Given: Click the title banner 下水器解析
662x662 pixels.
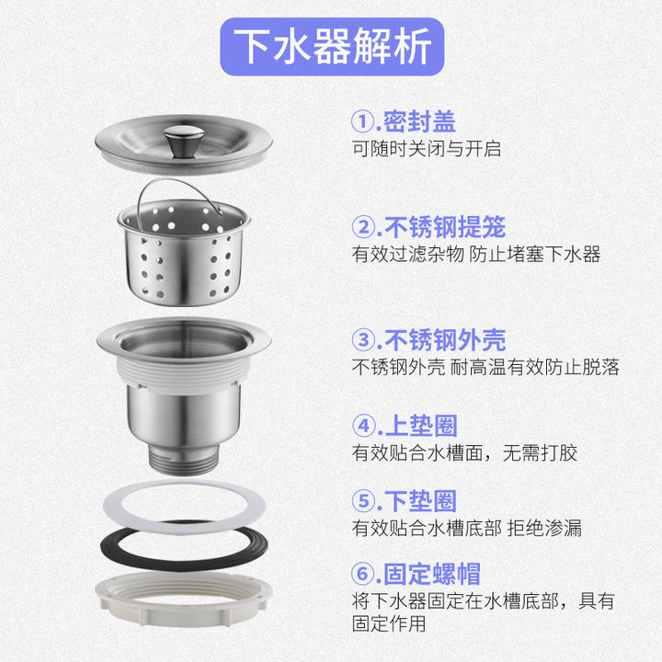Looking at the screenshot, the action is click(x=332, y=47).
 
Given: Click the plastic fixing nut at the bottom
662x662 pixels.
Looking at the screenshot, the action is click(x=184, y=599).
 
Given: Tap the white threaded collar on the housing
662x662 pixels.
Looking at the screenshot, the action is click(x=183, y=371).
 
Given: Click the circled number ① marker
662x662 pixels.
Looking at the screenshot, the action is click(x=362, y=121).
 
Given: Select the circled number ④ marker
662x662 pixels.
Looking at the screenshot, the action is click(x=363, y=426).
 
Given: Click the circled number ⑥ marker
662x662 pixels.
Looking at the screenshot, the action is click(x=362, y=574).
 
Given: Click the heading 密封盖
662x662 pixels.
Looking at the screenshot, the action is click(x=419, y=121).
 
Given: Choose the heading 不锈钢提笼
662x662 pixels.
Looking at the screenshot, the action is click(x=445, y=227).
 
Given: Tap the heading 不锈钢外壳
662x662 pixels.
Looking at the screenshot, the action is click(x=445, y=340).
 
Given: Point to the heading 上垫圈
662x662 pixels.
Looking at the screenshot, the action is click(x=421, y=426).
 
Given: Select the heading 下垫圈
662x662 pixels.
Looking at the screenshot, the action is click(x=420, y=501).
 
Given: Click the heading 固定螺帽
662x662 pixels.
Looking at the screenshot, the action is click(x=432, y=574).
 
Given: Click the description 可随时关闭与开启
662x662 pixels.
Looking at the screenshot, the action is click(x=427, y=149).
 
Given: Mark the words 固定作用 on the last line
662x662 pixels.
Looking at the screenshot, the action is click(x=389, y=623).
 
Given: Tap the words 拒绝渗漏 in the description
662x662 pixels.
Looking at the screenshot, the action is click(x=544, y=528).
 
